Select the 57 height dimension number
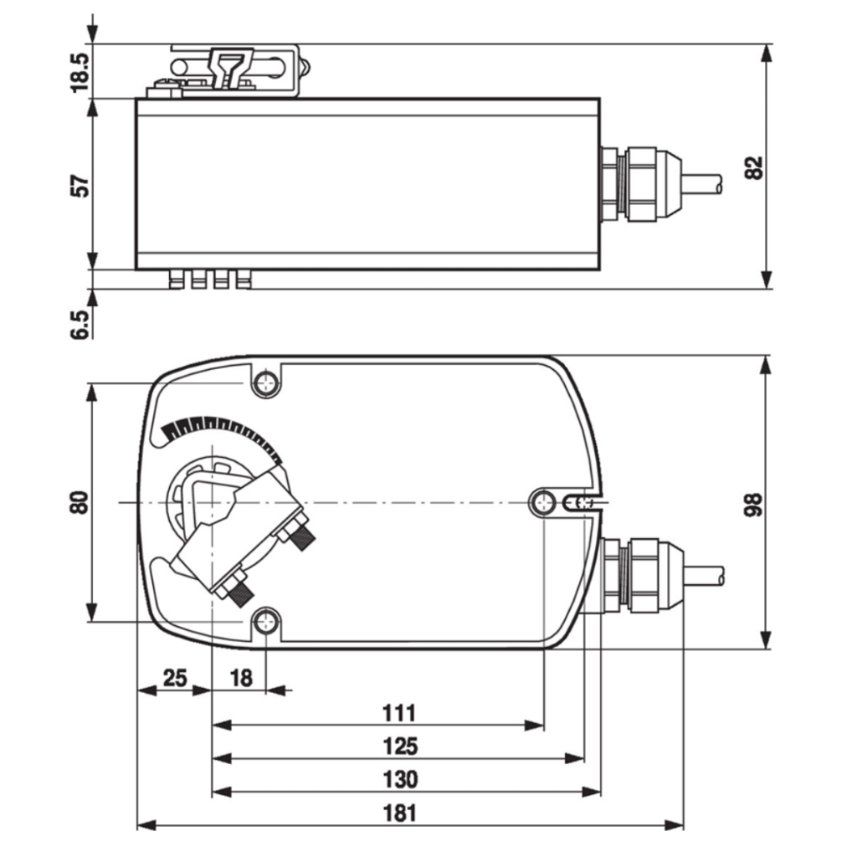pyautogui.click(x=80, y=184)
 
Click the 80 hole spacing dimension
pyautogui.click(x=80, y=502)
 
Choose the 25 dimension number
pyautogui.click(x=174, y=678)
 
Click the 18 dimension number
pyautogui.click(x=240, y=678)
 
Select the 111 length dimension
pyautogui.click(x=399, y=713)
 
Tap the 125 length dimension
pyautogui.click(x=399, y=746)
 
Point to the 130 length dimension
pyautogui.click(x=399, y=779)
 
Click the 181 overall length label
pyautogui.click(x=399, y=813)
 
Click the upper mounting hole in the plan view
pyautogui.click(x=266, y=384)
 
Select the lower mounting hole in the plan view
pyautogui.click(x=266, y=621)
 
